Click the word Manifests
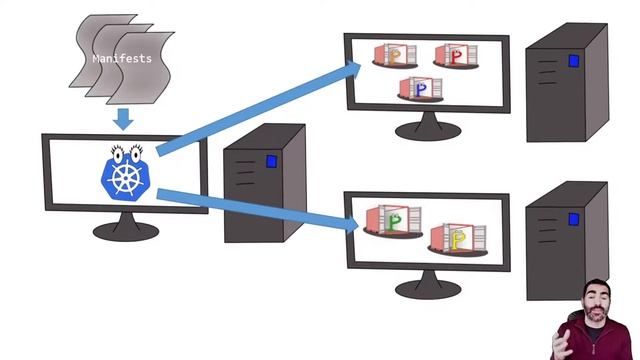(x=122, y=59)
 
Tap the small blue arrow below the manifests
(x=123, y=119)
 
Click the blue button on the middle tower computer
(x=271, y=160)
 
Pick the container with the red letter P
(x=454, y=56)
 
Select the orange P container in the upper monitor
(x=391, y=54)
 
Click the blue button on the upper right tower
(x=573, y=61)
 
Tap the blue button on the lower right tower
(x=573, y=218)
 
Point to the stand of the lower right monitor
(x=428, y=288)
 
